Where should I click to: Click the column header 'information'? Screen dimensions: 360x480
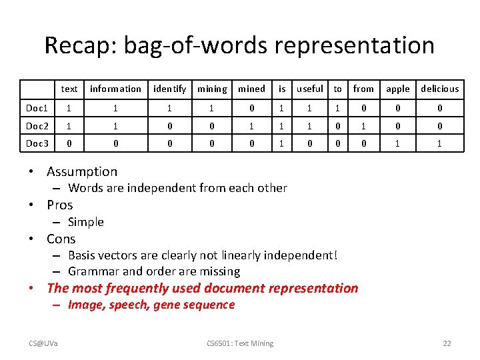pyautogui.click(x=115, y=89)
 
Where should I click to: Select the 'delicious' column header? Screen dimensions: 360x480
pyautogui.click(x=440, y=89)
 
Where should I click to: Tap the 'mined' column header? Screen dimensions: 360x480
pyautogui.click(x=251, y=89)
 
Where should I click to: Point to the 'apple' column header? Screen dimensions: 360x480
pyautogui.click(x=398, y=89)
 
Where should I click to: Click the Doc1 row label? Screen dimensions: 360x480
pyautogui.click(x=37, y=107)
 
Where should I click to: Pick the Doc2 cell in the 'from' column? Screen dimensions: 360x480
pyautogui.click(x=363, y=126)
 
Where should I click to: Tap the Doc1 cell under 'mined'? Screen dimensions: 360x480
pyautogui.click(x=251, y=107)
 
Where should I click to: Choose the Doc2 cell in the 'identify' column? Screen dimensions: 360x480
pyautogui.click(x=169, y=126)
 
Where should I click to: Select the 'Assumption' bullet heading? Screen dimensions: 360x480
pyautogui.click(x=82, y=171)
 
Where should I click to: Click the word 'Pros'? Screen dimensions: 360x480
pyautogui.click(x=60, y=205)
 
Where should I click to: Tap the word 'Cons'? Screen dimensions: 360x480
pyautogui.click(x=61, y=239)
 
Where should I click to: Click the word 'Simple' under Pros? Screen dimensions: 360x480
pyautogui.click(x=86, y=222)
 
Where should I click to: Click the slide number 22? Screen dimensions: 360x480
pyautogui.click(x=447, y=343)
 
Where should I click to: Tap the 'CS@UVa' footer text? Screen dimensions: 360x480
pyautogui.click(x=43, y=343)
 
